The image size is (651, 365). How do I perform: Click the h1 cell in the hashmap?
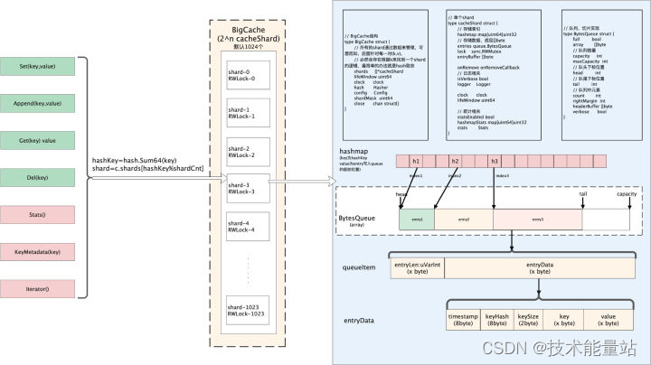coord(417,161)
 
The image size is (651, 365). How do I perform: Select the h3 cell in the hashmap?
coord(494,161)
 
